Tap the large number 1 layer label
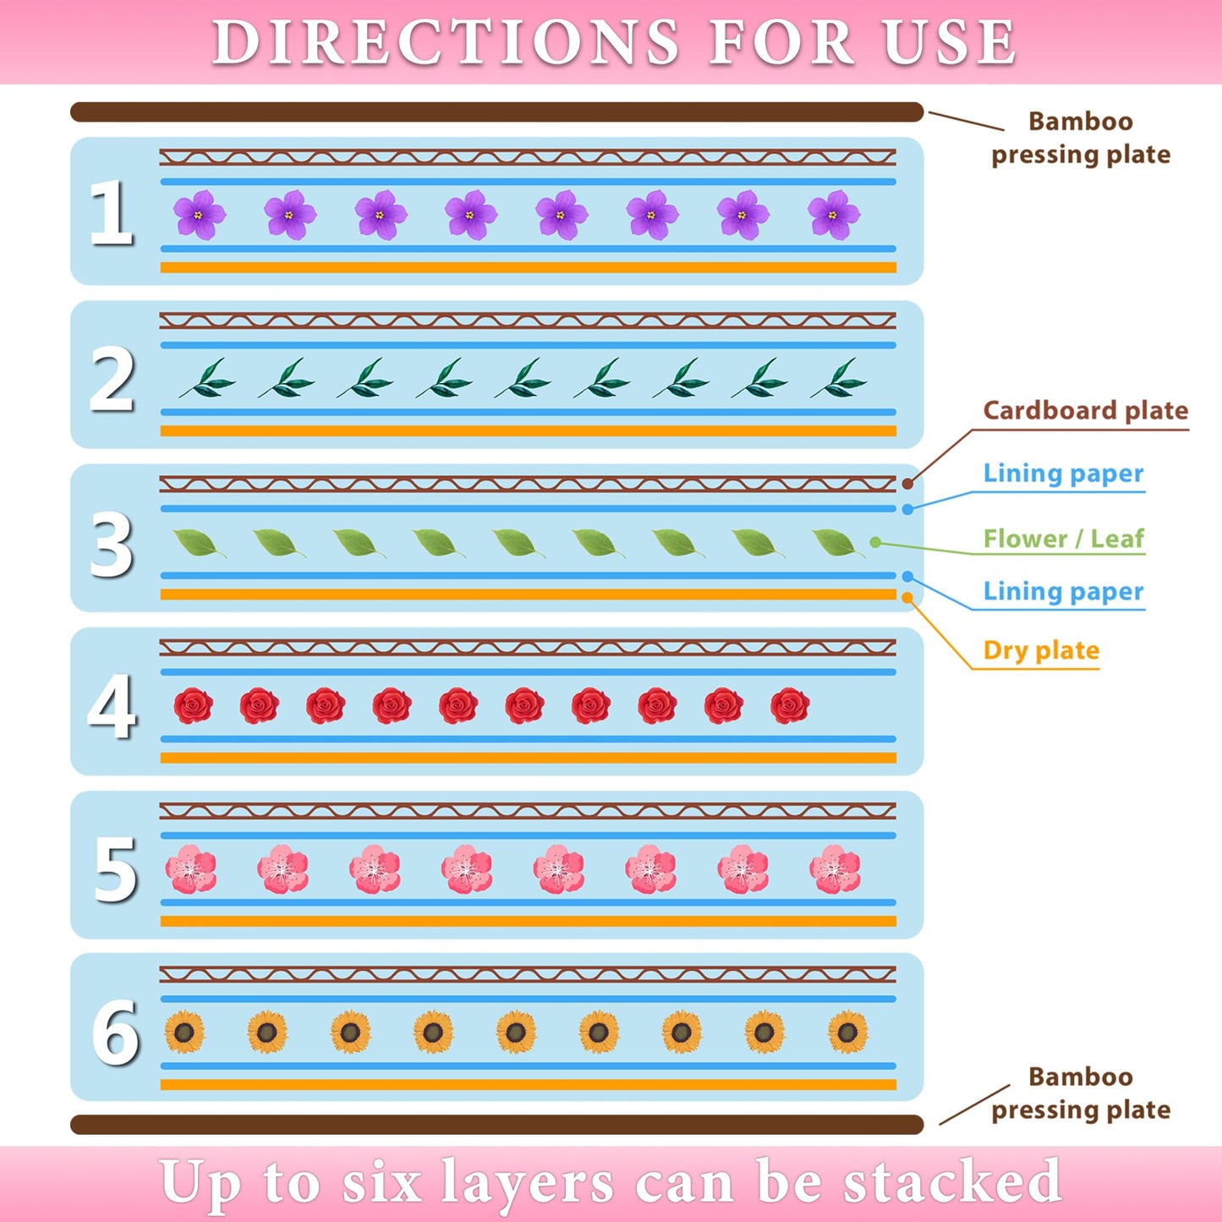click(112, 213)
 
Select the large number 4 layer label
click(112, 706)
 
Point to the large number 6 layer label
click(115, 1032)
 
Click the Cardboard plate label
click(1085, 411)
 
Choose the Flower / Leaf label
click(1063, 539)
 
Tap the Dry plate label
click(1041, 650)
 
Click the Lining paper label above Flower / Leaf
click(1063, 474)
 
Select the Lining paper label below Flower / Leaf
click(1063, 591)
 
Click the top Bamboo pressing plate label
click(1081, 138)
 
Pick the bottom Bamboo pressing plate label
click(1081, 1093)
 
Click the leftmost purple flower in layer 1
click(200, 214)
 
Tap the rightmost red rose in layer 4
click(790, 705)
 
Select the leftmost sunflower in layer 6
click(184, 1032)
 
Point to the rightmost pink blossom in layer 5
click(835, 869)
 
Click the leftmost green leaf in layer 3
click(197, 543)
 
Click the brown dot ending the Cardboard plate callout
click(907, 484)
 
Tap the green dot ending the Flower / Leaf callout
click(875, 542)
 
